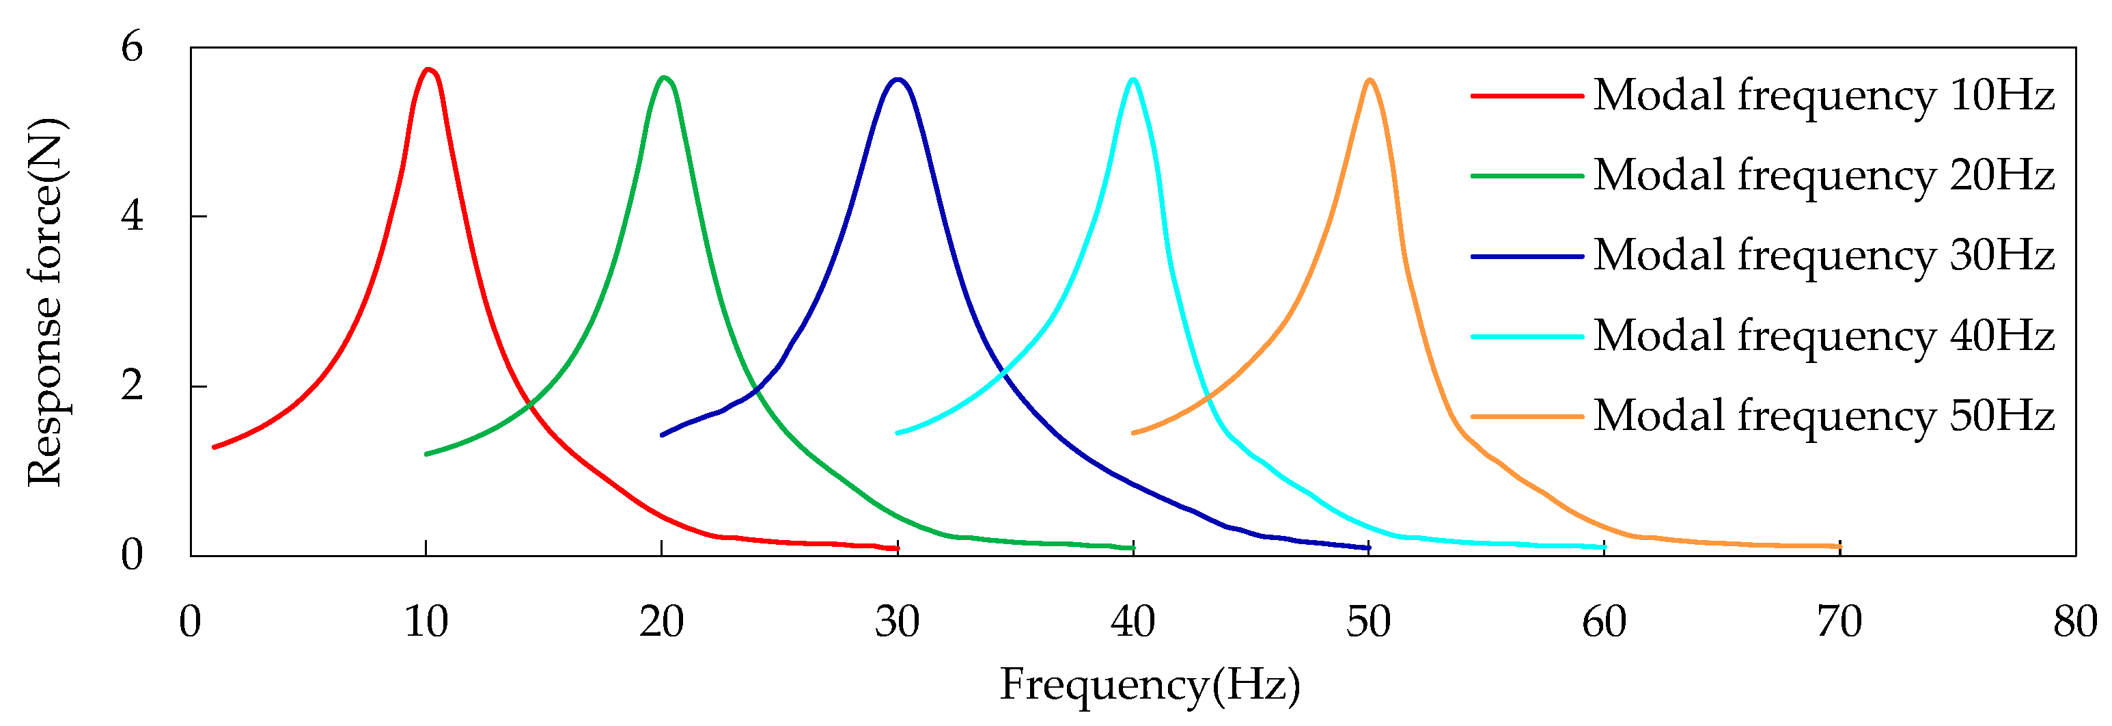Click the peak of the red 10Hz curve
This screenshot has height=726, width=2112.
(x=427, y=70)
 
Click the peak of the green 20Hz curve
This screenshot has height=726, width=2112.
(x=664, y=78)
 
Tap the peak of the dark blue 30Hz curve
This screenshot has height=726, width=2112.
(x=899, y=79)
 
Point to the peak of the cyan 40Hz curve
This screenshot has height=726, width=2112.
(x=1133, y=79)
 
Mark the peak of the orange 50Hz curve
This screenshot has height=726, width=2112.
(x=1370, y=79)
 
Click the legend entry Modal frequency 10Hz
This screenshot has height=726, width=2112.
(x=1823, y=95)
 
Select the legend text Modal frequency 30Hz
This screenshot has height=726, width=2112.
(x=1823, y=255)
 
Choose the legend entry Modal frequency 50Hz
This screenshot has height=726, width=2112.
(x=1823, y=416)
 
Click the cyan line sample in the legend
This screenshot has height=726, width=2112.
(x=1527, y=336)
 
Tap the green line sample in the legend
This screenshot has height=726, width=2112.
(x=1527, y=176)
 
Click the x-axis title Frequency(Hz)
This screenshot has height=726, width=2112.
(x=1150, y=685)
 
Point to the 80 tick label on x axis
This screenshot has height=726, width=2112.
(x=2075, y=622)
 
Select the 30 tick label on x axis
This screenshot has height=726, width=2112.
(x=897, y=622)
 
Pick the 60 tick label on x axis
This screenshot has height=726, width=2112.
(x=1604, y=622)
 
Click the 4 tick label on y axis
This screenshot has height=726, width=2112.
(x=132, y=216)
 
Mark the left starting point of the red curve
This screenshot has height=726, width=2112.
(x=214, y=447)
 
